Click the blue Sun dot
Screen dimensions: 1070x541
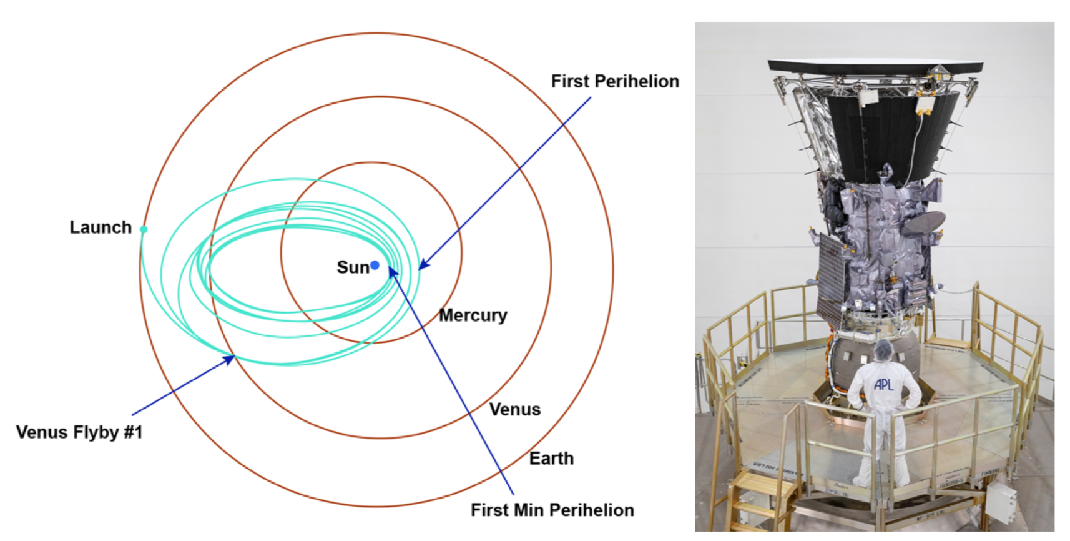click(375, 266)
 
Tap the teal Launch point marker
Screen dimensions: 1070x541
click(144, 229)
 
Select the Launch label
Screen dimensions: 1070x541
click(101, 227)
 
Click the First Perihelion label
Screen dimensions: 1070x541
click(616, 82)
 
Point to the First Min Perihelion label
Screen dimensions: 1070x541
click(552, 510)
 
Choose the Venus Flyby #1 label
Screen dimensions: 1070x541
click(79, 432)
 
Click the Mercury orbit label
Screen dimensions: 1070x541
click(473, 316)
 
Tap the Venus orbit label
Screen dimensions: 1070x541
click(515, 410)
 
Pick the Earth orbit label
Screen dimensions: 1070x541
click(551, 459)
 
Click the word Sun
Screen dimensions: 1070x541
click(353, 267)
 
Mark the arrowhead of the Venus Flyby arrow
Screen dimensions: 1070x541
click(229, 359)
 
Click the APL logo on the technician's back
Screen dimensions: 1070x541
click(883, 384)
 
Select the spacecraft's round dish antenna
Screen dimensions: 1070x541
click(923, 224)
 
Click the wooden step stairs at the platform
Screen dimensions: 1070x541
click(755, 502)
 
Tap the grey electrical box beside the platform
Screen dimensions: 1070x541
click(1001, 502)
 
